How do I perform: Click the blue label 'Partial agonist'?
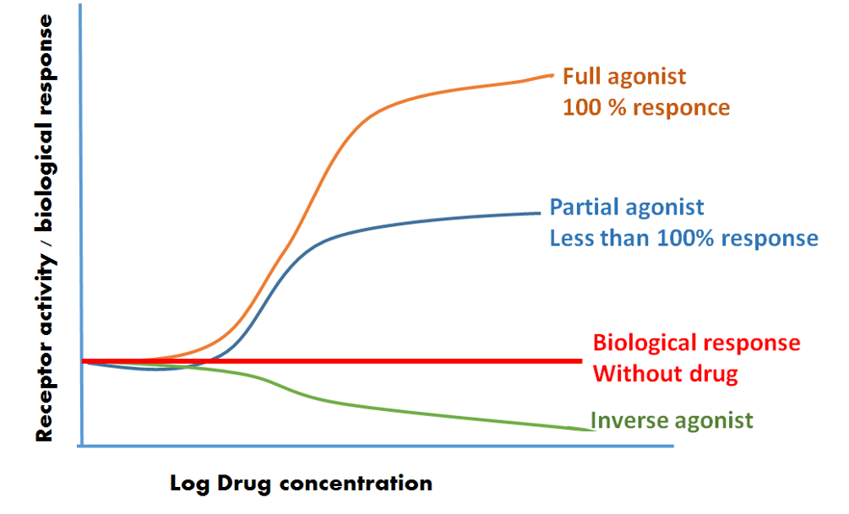pyautogui.click(x=626, y=207)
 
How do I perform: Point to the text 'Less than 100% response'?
pyautogui.click(x=683, y=238)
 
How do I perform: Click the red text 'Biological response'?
pyautogui.click(x=696, y=343)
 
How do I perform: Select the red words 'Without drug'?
pyautogui.click(x=665, y=373)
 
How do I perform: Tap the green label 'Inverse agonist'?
pyautogui.click(x=671, y=419)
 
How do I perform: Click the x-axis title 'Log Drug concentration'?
pyautogui.click(x=301, y=484)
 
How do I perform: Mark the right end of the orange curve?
pyautogui.click(x=552, y=75)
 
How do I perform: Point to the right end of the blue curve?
pyautogui.click(x=539, y=213)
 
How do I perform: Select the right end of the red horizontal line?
pyautogui.click(x=581, y=361)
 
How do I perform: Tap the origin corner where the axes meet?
pyautogui.click(x=81, y=445)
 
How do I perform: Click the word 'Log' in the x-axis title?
pyautogui.click(x=190, y=484)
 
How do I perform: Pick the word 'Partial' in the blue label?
pyautogui.click(x=585, y=207)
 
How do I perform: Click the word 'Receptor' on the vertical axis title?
pyautogui.click(x=44, y=397)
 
